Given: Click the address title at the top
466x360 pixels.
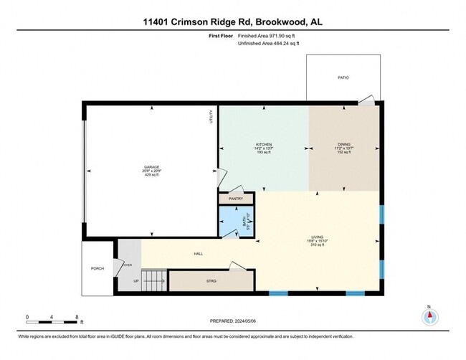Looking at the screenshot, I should (x=233, y=22).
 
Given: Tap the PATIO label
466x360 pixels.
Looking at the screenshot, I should (x=343, y=77).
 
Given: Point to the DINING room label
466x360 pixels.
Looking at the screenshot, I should (x=344, y=144).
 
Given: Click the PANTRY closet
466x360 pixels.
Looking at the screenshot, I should (x=236, y=199).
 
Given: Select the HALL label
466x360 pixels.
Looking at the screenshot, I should (x=200, y=253).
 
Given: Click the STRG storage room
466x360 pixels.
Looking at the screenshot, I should (x=211, y=281).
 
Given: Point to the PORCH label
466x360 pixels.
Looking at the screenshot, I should (x=97, y=269).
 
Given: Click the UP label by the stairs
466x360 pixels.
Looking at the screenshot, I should (x=136, y=281).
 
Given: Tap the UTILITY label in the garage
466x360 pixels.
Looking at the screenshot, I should (x=211, y=116).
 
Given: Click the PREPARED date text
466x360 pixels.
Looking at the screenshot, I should (x=233, y=322).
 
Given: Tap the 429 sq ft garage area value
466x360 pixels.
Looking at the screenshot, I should (x=151, y=176).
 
